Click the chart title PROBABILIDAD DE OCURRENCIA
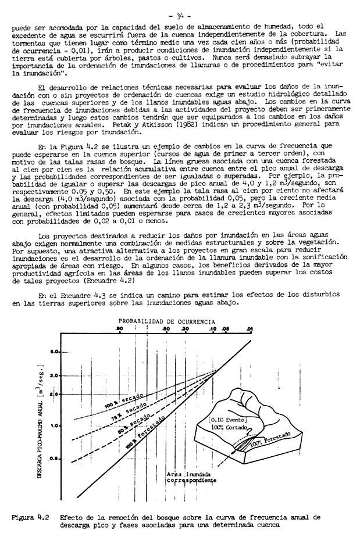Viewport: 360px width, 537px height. pyautogui.click(x=167, y=321)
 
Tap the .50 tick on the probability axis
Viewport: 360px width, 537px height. pyautogui.click(x=166, y=330)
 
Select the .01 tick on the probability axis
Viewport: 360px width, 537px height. pyautogui.click(x=249, y=330)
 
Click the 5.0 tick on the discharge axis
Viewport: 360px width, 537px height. pyautogui.click(x=55, y=352)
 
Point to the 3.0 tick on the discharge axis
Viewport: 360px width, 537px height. pyautogui.click(x=55, y=375)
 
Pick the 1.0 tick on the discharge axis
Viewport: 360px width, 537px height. pyautogui.click(x=55, y=426)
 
